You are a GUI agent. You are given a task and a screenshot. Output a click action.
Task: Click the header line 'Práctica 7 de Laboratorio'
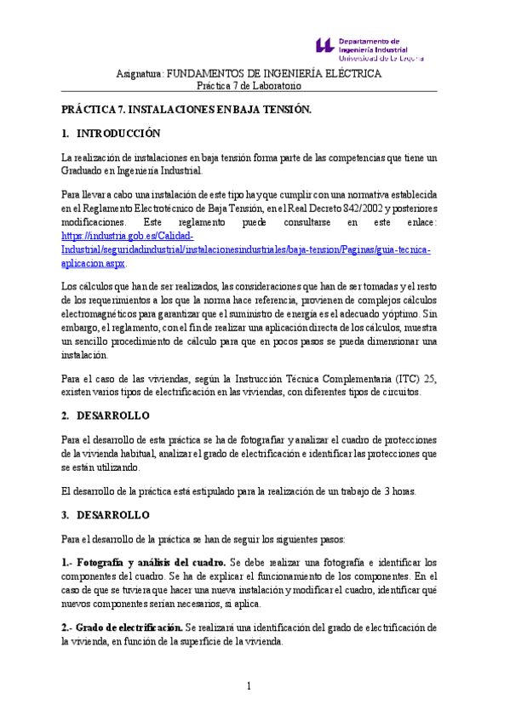click(249, 86)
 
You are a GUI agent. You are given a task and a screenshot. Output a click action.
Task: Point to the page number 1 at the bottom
click(249, 686)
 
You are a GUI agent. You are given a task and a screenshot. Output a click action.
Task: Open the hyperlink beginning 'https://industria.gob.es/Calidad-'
click(128, 235)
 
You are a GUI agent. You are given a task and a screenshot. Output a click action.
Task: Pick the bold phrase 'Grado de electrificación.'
click(134, 627)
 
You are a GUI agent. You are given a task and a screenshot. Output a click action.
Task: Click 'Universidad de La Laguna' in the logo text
click(381, 59)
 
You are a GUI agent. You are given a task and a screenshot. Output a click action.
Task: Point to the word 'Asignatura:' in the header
click(139, 74)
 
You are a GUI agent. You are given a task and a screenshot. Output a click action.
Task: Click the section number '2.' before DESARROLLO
click(66, 415)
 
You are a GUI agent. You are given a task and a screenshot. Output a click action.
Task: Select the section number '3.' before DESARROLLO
click(66, 515)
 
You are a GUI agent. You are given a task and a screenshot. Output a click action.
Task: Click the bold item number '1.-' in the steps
click(70, 563)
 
